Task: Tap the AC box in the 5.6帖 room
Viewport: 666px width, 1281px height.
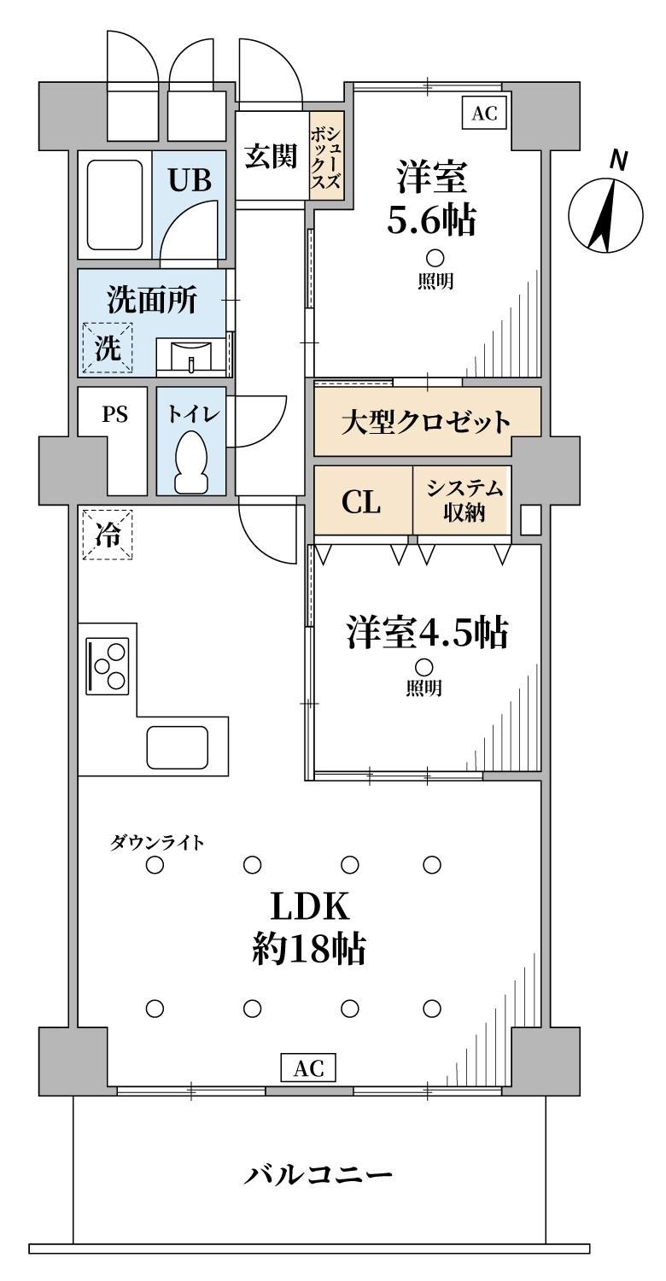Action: [484, 114]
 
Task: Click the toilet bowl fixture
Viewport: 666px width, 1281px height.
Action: [191, 460]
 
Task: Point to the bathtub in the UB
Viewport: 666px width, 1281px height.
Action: [114, 204]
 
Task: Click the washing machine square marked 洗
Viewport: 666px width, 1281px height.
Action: [108, 348]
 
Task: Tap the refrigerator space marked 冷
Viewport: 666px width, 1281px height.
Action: [108, 535]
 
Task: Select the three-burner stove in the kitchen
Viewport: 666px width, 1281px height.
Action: [108, 666]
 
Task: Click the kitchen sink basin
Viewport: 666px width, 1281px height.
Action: [178, 747]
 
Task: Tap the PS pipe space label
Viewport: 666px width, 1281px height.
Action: [115, 413]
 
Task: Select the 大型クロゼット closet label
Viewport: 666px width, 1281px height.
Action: [426, 422]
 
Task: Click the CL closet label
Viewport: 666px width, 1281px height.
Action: [360, 502]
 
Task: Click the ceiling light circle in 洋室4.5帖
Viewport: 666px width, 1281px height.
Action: [424, 667]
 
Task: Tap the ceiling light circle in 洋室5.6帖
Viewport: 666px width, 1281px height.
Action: [435, 259]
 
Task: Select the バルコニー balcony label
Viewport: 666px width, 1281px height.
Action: [318, 1174]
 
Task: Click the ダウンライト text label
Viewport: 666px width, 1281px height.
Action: [156, 842]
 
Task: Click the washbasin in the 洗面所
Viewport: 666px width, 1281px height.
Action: [191, 357]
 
